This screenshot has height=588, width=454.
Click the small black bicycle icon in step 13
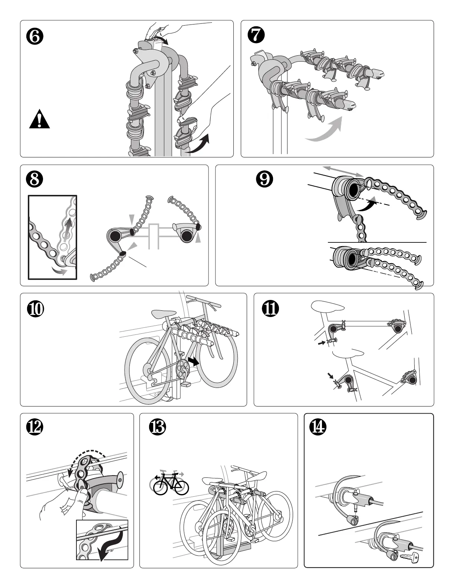(171, 484)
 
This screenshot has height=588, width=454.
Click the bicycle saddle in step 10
(164, 314)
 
